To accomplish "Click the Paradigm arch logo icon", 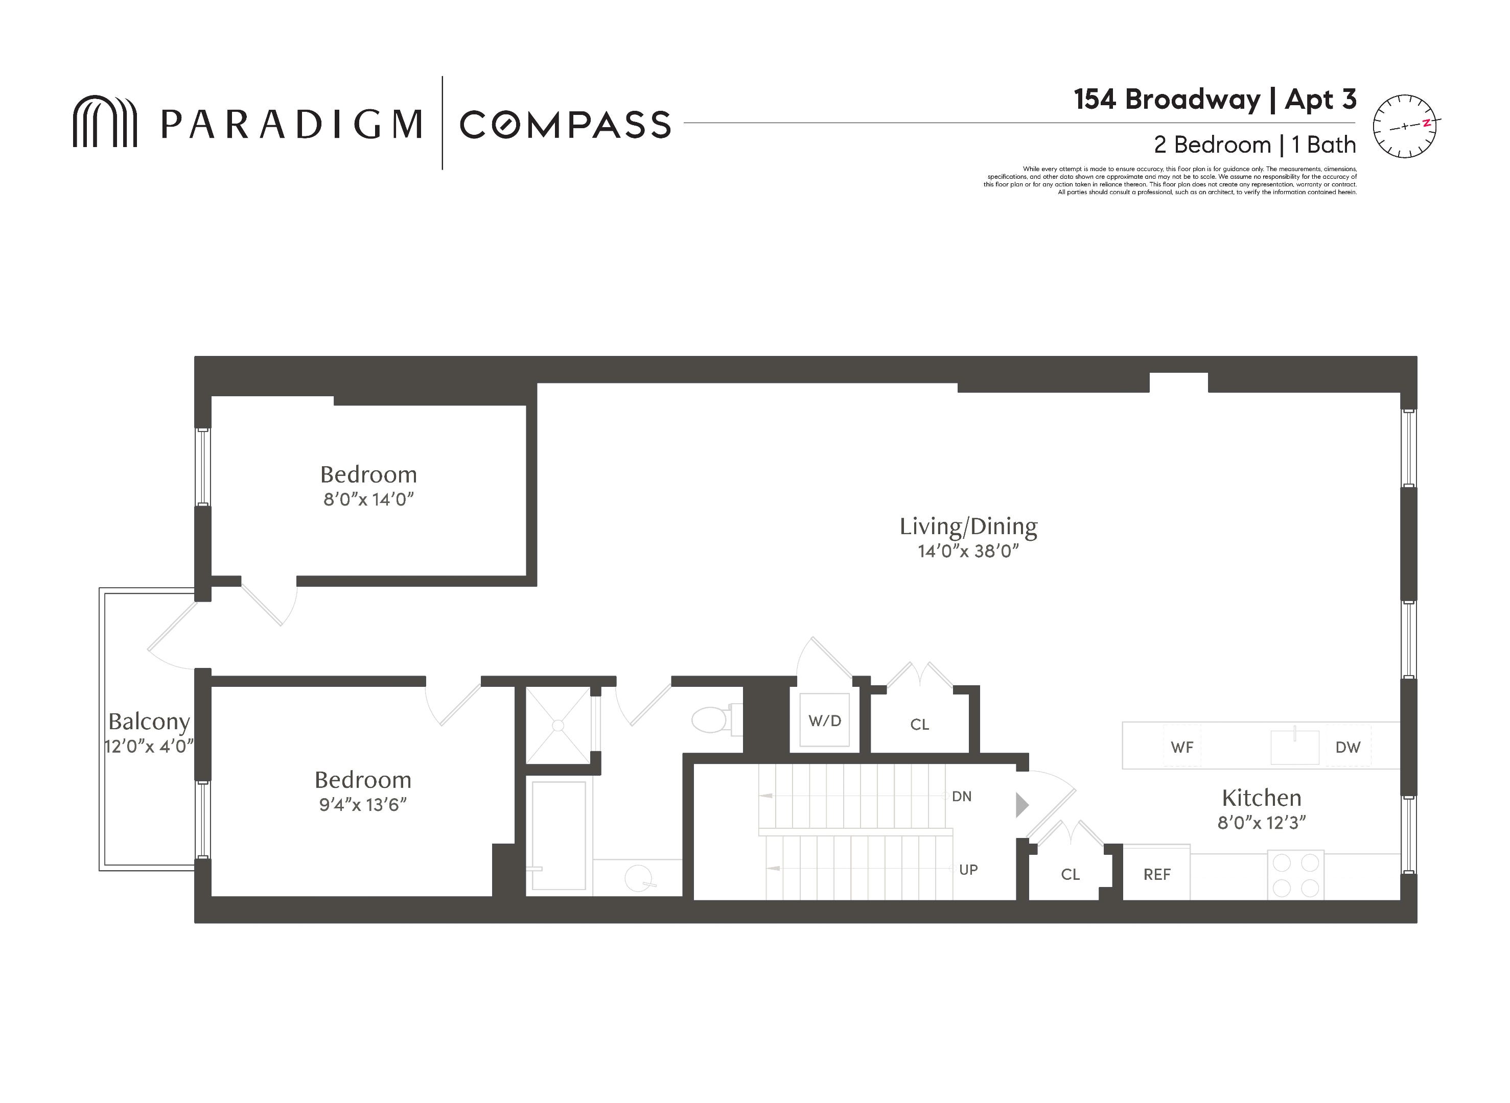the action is click(104, 121).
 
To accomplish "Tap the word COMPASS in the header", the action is click(565, 124).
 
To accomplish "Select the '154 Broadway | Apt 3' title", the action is click(1215, 100).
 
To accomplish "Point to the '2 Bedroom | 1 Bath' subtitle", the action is click(1255, 144).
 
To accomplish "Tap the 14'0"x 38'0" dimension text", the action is click(968, 551).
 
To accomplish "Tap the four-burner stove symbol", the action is click(1295, 875).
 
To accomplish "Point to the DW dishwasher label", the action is click(1348, 747).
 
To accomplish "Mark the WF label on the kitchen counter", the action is click(1182, 747).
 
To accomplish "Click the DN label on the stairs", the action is click(962, 796).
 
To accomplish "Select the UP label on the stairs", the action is click(968, 869).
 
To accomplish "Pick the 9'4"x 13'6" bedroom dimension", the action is click(363, 805).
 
